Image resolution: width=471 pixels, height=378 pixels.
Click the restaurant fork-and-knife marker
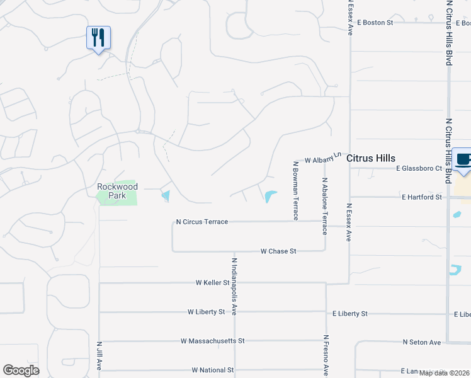[x=98, y=38]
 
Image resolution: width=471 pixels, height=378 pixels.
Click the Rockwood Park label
[x=117, y=191]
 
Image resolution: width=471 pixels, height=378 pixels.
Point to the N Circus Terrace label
[x=201, y=222]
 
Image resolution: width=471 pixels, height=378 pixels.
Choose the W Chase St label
[x=278, y=251]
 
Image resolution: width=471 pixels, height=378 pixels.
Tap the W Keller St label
[x=213, y=283]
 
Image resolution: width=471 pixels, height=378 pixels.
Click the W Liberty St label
[x=206, y=312]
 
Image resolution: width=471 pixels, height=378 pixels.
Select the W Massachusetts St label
[x=212, y=341]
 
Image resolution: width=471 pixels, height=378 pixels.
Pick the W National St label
[x=213, y=370]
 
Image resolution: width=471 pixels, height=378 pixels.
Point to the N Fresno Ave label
[x=326, y=356]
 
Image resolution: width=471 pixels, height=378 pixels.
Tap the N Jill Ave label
[x=99, y=356]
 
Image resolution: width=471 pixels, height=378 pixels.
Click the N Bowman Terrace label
[x=295, y=190]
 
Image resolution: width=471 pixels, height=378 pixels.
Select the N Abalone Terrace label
[x=325, y=205]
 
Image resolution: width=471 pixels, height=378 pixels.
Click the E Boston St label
[x=375, y=22]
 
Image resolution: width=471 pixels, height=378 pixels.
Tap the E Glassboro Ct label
[x=419, y=168]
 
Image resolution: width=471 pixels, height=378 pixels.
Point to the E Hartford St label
[x=422, y=197]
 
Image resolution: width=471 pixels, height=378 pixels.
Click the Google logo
[x=21, y=370]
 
